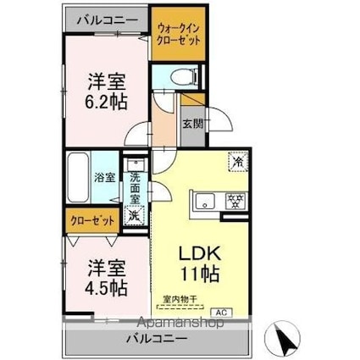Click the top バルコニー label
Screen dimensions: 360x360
click(x=105, y=16)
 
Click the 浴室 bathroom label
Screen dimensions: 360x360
click(x=104, y=180)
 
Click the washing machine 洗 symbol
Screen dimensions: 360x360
click(x=134, y=216)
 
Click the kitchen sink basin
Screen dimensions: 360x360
click(x=207, y=202)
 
